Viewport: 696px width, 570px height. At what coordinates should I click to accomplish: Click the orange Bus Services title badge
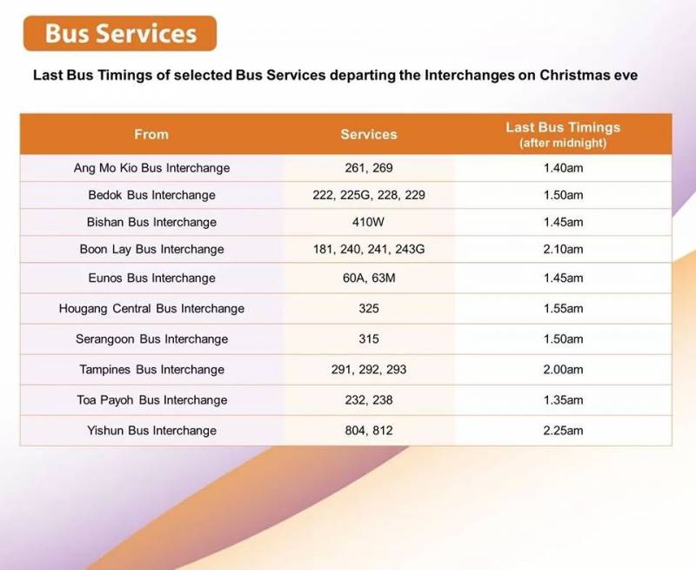coord(120,34)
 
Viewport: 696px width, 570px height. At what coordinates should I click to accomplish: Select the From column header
coord(151,134)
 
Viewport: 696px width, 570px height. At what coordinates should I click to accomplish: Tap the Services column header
coord(369,134)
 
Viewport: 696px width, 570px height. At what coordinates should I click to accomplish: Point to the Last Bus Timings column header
coord(563,133)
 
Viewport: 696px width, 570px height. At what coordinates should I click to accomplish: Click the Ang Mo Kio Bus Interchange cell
coord(151,168)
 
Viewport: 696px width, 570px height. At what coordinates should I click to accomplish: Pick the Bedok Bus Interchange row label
coord(151,195)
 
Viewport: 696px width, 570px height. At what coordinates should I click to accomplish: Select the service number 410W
coord(369,222)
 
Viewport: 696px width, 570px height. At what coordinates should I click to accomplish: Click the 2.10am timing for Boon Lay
coord(563,249)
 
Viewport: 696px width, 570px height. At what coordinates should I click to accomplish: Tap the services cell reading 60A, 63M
coord(369,278)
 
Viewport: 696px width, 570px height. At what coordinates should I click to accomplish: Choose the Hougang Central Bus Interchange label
coord(151,308)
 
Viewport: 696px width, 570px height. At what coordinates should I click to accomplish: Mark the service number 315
coord(369,339)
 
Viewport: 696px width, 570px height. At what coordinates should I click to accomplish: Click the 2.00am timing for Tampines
coord(563,369)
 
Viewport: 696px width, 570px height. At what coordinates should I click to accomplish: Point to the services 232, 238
coord(369,399)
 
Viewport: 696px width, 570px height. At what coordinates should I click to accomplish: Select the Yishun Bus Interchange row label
coord(151,430)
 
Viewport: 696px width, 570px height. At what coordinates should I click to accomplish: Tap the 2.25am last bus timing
coord(563,430)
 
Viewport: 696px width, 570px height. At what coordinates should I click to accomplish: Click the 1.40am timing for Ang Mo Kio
coord(563,168)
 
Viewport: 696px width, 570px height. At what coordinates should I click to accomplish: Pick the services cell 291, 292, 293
coord(369,369)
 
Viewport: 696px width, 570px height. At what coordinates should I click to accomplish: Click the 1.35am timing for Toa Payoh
coord(563,399)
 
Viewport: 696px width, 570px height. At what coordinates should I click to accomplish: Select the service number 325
coord(369,308)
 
